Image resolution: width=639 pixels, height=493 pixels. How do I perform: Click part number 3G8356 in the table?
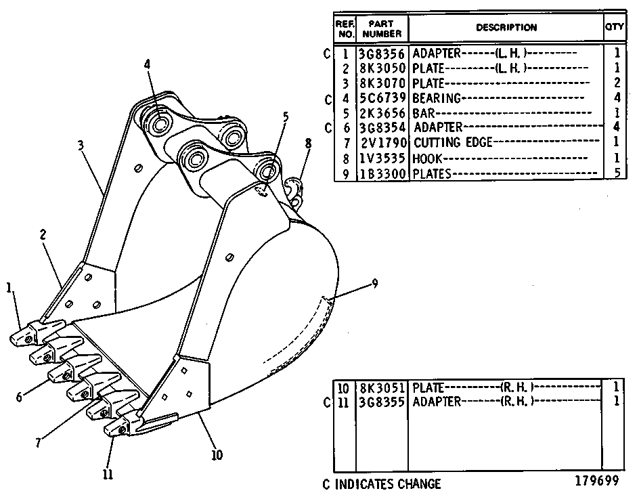[x=382, y=53]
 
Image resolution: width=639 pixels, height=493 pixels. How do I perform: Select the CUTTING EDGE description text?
[x=453, y=142]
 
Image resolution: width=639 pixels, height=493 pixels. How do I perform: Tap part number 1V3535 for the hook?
[x=382, y=158]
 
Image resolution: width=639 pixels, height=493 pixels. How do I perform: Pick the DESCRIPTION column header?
[x=506, y=28]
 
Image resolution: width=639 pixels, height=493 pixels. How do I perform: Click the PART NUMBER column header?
[x=382, y=28]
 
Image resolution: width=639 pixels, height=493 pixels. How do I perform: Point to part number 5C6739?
[x=382, y=98]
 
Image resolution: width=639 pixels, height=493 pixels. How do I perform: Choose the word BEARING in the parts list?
[x=437, y=98]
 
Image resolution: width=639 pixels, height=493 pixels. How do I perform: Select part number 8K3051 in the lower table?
[x=382, y=387]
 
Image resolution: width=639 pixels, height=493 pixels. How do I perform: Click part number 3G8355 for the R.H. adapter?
[x=382, y=402]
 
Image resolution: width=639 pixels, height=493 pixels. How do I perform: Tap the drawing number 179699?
[x=596, y=481]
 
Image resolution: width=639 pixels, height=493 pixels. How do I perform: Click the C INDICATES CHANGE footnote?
[x=382, y=484]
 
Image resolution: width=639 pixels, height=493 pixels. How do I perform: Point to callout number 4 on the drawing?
[x=147, y=64]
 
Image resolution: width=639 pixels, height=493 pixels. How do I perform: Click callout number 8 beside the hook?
[x=308, y=144]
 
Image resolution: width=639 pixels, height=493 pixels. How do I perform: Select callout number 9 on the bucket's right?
[x=374, y=283]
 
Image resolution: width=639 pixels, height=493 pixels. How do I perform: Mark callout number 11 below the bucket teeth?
[x=108, y=474]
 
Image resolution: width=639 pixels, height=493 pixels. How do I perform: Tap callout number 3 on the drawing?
[x=81, y=145]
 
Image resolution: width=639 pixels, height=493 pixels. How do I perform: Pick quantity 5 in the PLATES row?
[x=617, y=173]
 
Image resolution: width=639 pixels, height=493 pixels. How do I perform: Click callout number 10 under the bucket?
[x=217, y=454]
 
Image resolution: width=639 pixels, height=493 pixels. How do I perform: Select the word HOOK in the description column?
[x=427, y=158]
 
